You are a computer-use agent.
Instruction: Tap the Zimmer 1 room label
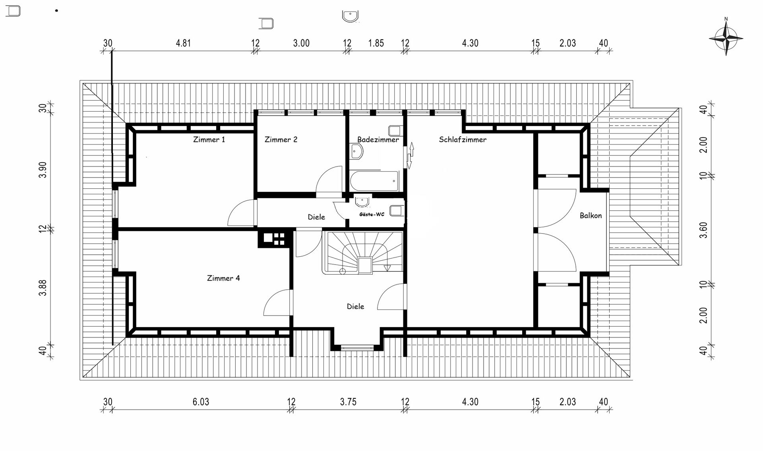click(209, 139)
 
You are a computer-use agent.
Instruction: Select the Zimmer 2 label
click(281, 139)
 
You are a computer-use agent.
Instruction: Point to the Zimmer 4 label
click(223, 278)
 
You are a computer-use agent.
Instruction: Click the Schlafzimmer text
click(462, 139)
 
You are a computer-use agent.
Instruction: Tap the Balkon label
click(591, 215)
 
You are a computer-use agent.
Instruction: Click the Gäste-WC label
click(372, 214)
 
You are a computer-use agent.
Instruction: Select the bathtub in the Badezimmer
click(374, 181)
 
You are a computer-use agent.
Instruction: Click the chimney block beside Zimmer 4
click(274, 238)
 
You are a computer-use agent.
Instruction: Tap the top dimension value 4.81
click(183, 43)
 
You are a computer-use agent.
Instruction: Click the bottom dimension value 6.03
click(201, 402)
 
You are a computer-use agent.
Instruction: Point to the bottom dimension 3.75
click(348, 402)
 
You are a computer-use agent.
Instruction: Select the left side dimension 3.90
click(43, 170)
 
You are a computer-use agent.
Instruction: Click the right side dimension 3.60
click(703, 230)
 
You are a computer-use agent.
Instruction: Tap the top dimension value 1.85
click(376, 43)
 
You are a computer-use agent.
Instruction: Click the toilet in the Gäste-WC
click(396, 210)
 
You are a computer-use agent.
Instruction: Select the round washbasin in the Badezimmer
click(356, 151)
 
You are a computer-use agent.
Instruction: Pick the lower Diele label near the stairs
click(355, 306)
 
